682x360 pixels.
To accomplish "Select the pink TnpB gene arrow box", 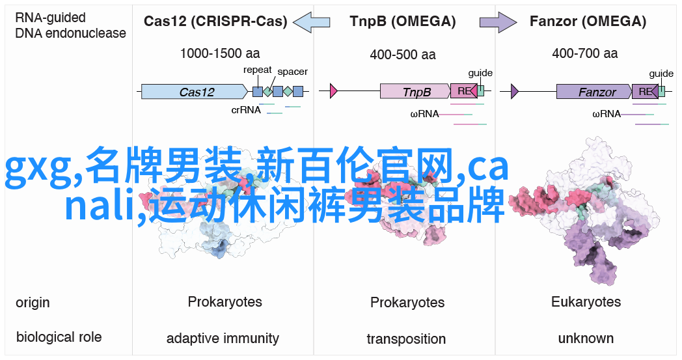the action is [x=415, y=91].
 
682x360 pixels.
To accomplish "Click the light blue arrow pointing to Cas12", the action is [x=312, y=21].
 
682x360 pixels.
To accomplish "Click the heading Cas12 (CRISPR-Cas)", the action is [x=215, y=21].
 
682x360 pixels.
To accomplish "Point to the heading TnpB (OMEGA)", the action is [x=403, y=21].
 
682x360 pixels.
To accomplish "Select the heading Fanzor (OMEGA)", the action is [x=588, y=21].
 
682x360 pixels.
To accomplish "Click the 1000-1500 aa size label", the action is [x=220, y=53].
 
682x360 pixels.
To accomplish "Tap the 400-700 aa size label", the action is [x=585, y=53].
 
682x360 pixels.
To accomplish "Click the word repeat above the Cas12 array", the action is [x=258, y=70].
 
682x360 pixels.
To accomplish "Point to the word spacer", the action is [x=292, y=72].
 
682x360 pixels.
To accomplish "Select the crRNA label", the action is [x=246, y=110].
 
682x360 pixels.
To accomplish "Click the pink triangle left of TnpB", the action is [x=334, y=91].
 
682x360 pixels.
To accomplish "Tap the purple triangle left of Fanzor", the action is [x=515, y=91].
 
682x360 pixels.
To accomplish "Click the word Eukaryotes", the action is [x=586, y=301].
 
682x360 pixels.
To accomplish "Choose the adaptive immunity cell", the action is [x=223, y=339].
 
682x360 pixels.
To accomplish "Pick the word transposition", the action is [x=406, y=339].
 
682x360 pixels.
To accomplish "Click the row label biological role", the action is [x=59, y=337].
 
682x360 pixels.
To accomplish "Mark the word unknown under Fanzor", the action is [x=586, y=339].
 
